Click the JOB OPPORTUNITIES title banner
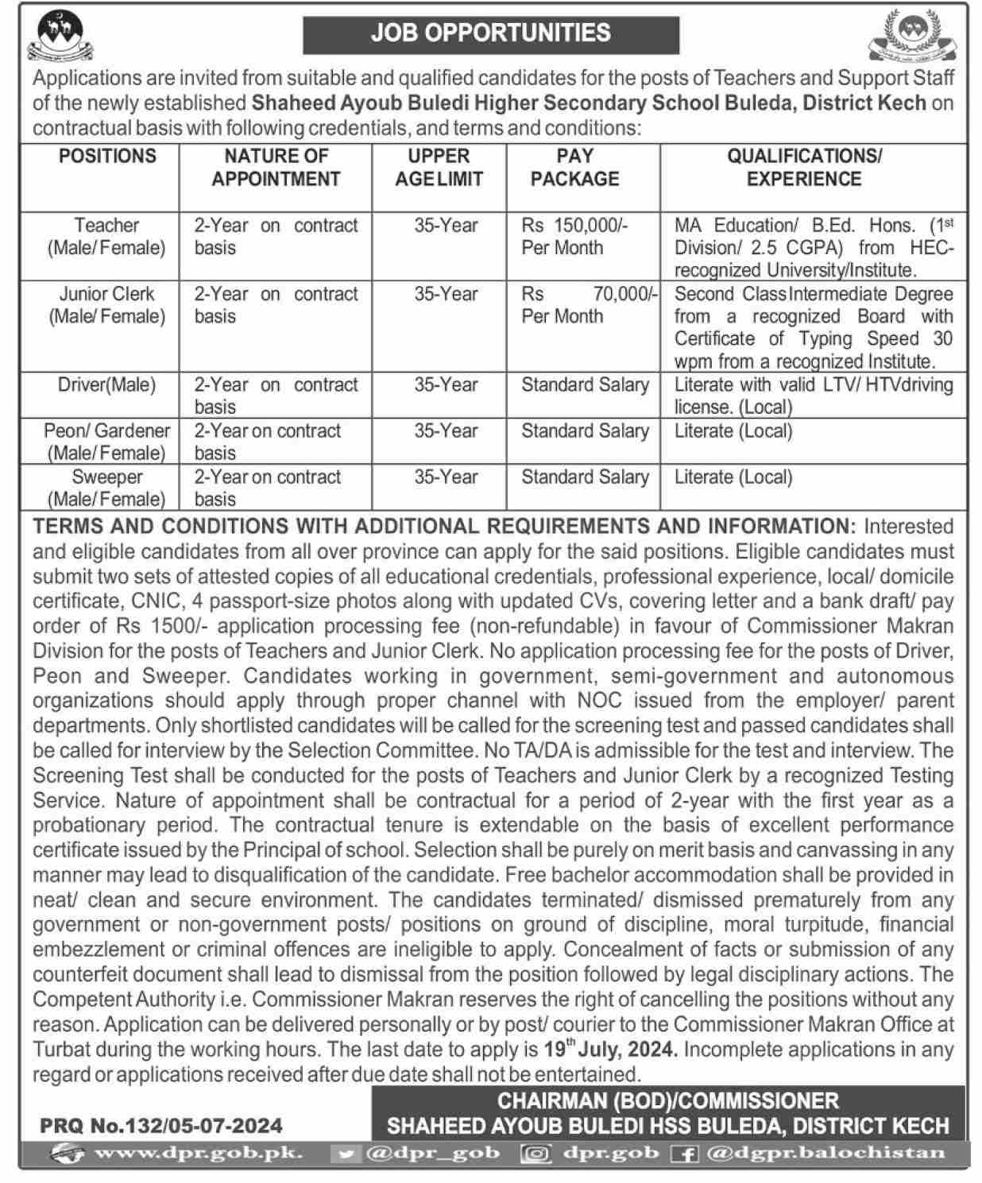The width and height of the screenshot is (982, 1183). click(490, 33)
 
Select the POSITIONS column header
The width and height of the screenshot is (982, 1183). click(107, 157)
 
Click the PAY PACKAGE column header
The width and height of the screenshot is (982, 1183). click(574, 168)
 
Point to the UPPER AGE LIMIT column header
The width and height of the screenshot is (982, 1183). click(439, 168)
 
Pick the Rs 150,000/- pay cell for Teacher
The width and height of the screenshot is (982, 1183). click(574, 237)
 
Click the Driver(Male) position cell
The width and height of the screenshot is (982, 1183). click(106, 385)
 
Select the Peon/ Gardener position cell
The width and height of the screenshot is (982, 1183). click(106, 442)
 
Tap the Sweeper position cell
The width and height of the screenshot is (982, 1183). click(106, 488)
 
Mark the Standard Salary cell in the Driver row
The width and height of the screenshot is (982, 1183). click(585, 385)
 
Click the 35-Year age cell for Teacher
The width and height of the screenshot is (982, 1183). click(446, 226)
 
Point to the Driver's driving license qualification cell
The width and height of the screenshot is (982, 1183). click(813, 396)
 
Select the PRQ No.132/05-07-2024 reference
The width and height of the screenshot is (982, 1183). click(161, 1126)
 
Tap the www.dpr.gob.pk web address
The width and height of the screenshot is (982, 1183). click(199, 1154)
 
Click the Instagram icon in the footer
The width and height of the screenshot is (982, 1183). click(535, 1154)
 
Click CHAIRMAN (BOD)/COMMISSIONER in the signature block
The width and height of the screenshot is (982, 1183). click(667, 1101)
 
